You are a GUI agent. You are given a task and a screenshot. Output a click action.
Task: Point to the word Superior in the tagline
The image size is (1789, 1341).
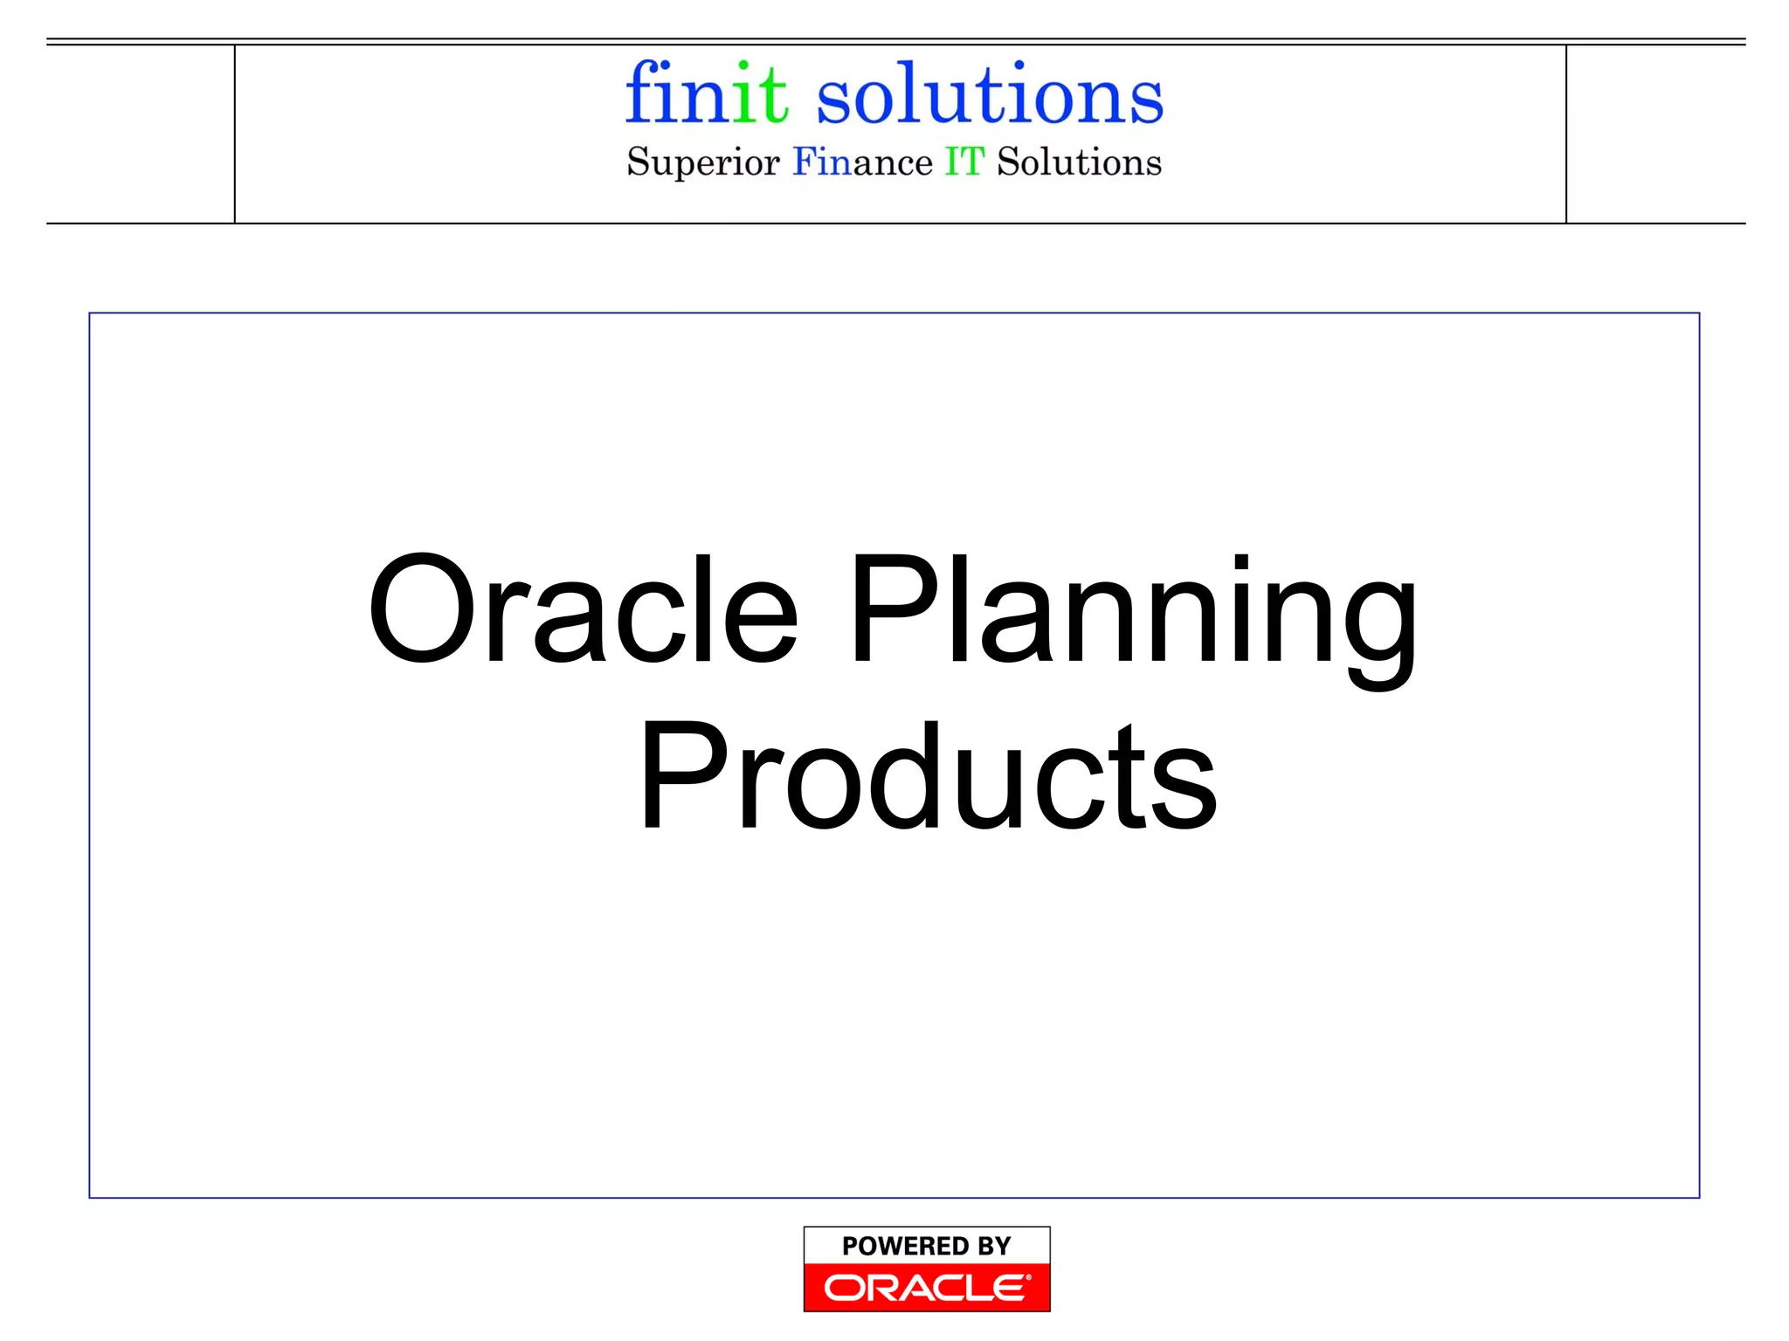[702, 163]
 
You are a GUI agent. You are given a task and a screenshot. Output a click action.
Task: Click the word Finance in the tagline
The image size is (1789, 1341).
[862, 162]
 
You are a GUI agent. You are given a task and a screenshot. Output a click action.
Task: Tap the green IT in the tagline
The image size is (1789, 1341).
[964, 162]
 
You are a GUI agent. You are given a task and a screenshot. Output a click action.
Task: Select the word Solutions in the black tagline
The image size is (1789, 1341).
[1079, 162]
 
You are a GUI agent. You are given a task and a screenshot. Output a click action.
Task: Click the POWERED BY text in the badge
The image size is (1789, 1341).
[926, 1246]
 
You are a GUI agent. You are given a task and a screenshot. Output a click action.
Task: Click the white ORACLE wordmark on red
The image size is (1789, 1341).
[926, 1288]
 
